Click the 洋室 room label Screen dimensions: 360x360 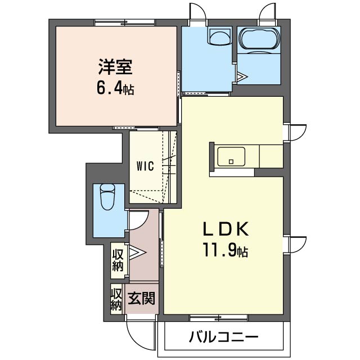pyautogui.click(x=115, y=66)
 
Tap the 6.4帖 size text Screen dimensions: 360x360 pyautogui.click(x=115, y=89)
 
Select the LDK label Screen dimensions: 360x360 pyautogui.click(x=226, y=229)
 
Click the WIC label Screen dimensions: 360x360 pyautogui.click(x=145, y=166)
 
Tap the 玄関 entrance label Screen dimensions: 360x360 pyautogui.click(x=141, y=298)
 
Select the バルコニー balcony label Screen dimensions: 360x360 pyautogui.click(x=224, y=337)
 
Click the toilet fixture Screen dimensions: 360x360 pyautogui.click(x=107, y=196)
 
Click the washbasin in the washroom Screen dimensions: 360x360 pyautogui.click(x=220, y=36)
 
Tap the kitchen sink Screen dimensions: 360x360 pyautogui.click(x=231, y=156)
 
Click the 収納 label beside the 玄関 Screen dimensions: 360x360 pyautogui.click(x=116, y=300)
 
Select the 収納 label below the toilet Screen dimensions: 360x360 pyautogui.click(x=118, y=260)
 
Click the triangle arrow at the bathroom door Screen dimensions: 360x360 pyautogui.click(x=241, y=76)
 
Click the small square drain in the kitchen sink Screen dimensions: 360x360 pyautogui.click(x=231, y=161)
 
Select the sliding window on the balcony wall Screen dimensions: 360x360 pyautogui.click(x=219, y=317)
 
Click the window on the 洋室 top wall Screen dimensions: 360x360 pyautogui.click(x=125, y=22)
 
